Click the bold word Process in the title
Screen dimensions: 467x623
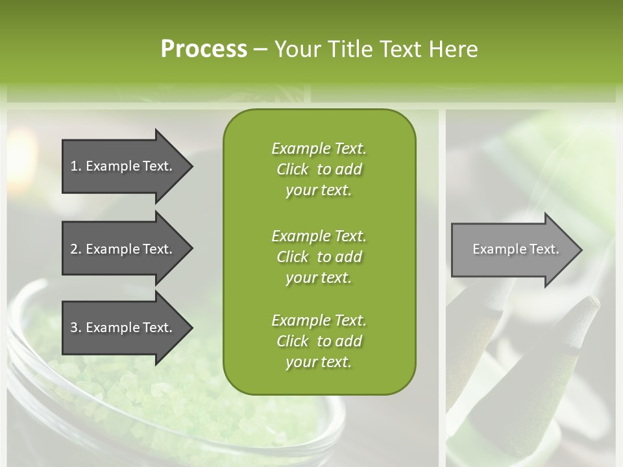[x=204, y=49]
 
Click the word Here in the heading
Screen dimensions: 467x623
[x=452, y=49]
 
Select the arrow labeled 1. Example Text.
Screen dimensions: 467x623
[x=123, y=166]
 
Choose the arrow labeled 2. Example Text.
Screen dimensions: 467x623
[x=123, y=249]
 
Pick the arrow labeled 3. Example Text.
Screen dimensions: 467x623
[x=123, y=328]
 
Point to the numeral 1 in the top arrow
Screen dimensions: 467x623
[x=74, y=166]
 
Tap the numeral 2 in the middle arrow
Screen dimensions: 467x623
[x=75, y=249]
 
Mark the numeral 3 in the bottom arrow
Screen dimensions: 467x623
[x=75, y=328]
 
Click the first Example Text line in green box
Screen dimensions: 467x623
[x=319, y=149]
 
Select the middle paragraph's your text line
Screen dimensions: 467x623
[x=319, y=278]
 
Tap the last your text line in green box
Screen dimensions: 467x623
[x=319, y=362]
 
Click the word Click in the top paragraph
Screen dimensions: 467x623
[x=293, y=169]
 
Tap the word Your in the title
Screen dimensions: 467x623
[x=296, y=49]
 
